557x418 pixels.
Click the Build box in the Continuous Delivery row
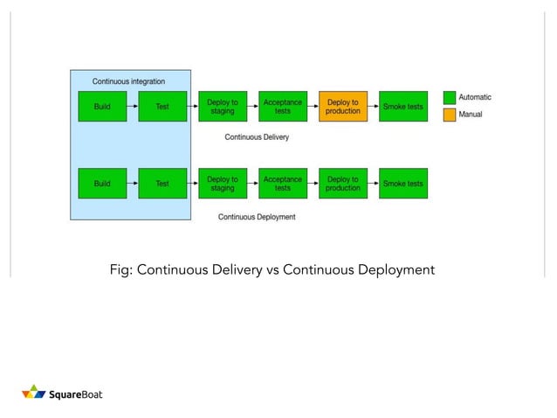point(102,107)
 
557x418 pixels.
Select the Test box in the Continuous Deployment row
point(162,184)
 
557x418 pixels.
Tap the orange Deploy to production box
point(343,107)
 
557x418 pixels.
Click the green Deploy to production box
point(343,184)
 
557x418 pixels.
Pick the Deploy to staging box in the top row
point(223,107)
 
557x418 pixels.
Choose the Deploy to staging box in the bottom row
point(223,184)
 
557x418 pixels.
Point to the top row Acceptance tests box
point(283,107)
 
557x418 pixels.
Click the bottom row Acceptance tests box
point(283,184)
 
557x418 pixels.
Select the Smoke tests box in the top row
point(403,107)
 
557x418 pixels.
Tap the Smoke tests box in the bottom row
point(403,184)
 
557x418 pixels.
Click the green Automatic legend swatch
point(450,98)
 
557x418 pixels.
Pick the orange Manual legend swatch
point(450,115)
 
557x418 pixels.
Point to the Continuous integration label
point(128,81)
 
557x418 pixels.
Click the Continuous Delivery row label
point(257,137)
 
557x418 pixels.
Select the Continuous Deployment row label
point(257,217)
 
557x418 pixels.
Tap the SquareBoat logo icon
point(33,393)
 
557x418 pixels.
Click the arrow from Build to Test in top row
point(133,107)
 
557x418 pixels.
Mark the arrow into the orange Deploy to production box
point(313,107)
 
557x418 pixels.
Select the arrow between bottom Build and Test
point(133,184)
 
